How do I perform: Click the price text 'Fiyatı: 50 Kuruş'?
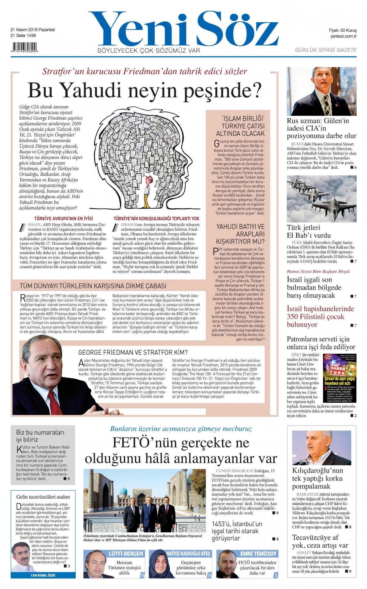[x=343, y=30]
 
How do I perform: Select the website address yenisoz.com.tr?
[x=343, y=36]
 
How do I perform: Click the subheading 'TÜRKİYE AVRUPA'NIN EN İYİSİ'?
[x=63, y=218]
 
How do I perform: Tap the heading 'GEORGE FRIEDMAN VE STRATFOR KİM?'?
[x=133, y=352]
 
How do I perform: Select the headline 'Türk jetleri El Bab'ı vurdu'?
[x=309, y=231]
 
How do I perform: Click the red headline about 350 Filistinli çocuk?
[x=320, y=316]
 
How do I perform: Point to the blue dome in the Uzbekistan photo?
[x=123, y=491]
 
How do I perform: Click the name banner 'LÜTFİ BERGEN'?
[x=126, y=554]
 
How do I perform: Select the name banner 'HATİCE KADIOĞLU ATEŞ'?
[x=188, y=554]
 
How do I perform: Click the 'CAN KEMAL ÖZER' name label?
[x=43, y=575]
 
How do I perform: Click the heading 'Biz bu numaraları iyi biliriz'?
[x=40, y=436]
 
